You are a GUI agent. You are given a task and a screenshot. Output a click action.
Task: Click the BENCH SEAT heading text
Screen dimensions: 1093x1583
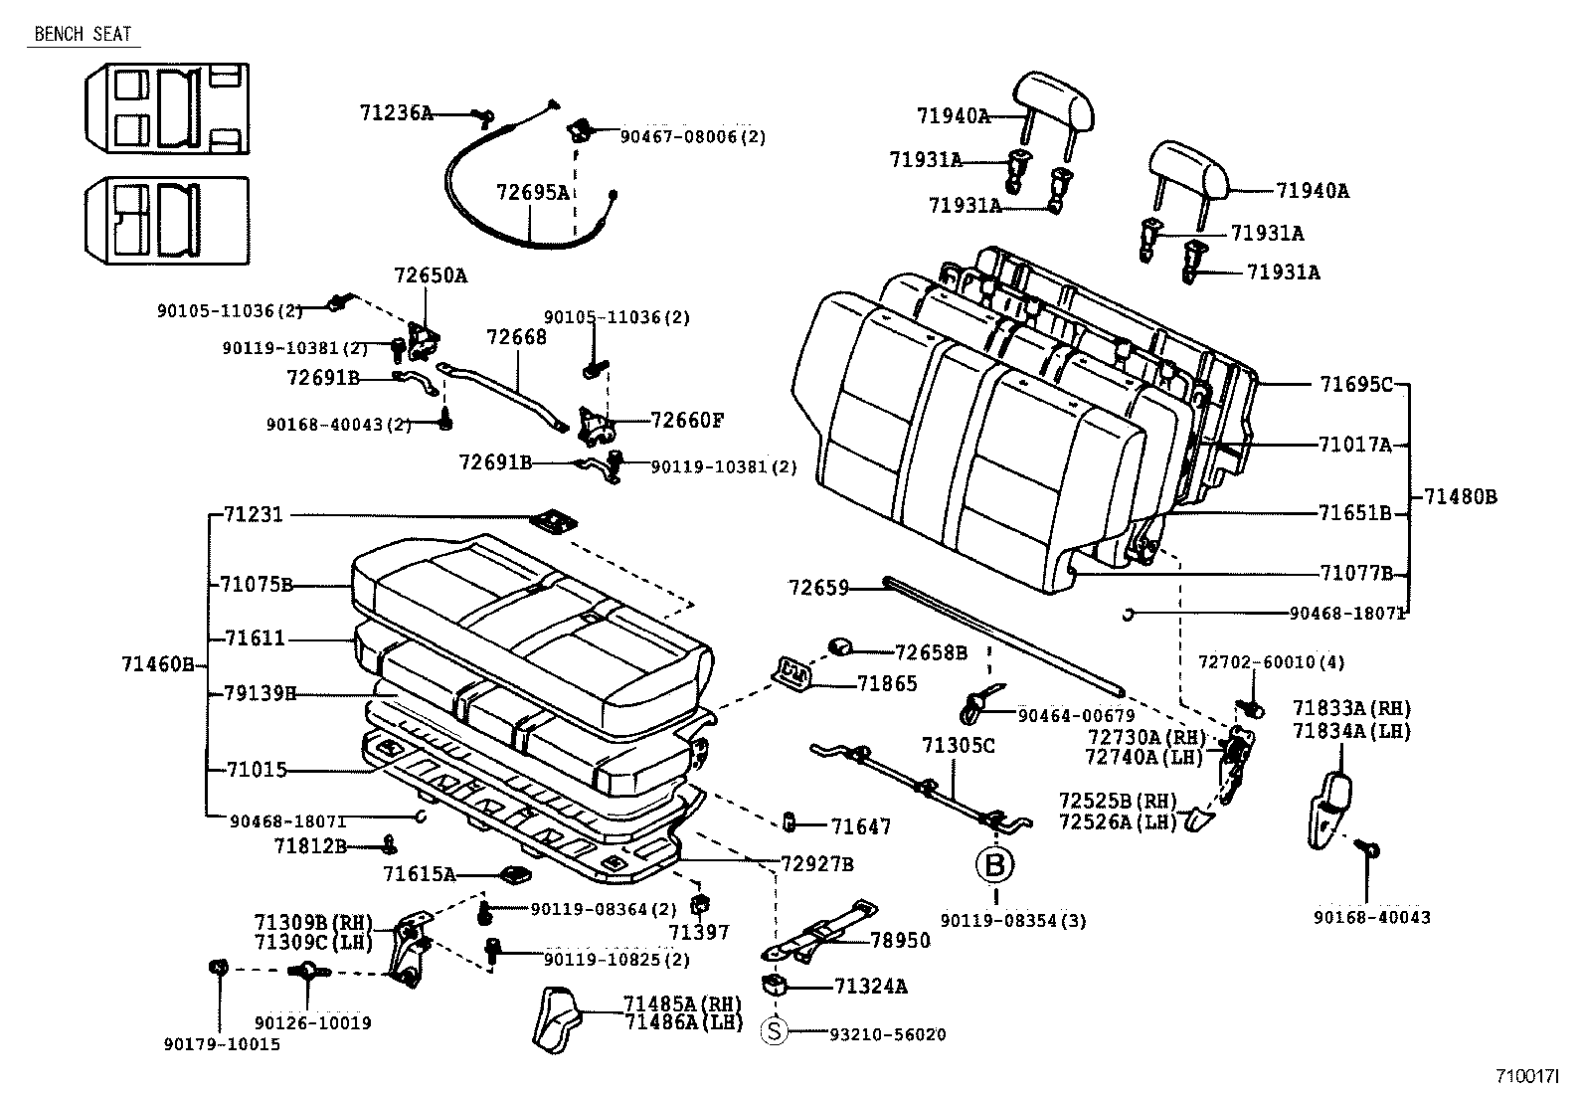pos(83,34)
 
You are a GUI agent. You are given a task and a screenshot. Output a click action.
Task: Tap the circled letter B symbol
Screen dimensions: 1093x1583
pos(995,864)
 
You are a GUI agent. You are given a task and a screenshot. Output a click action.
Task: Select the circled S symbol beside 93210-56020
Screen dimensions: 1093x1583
pos(774,1033)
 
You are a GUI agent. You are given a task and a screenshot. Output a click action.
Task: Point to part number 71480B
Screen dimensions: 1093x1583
pos(1459,495)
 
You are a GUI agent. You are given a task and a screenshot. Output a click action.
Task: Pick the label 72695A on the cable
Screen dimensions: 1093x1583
pos(533,192)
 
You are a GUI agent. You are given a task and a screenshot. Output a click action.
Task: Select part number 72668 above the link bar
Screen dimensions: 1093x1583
pos(516,337)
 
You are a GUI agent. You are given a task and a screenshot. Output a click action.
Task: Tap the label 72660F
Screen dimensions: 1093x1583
pos(687,420)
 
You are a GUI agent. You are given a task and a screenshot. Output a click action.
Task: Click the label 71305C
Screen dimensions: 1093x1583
pos(958,745)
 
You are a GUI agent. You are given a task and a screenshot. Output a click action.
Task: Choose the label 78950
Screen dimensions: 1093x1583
pos(900,940)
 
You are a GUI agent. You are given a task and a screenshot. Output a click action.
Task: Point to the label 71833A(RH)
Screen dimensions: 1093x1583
pos(1351,708)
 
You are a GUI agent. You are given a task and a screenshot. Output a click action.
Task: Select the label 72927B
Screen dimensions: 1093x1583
pos(816,863)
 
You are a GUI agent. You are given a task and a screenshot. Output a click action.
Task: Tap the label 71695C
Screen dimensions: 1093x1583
pos(1356,384)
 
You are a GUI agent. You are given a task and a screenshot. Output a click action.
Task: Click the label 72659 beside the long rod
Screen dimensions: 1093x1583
pos(818,588)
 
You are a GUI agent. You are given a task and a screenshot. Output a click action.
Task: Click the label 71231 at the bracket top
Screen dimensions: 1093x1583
pos(254,514)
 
